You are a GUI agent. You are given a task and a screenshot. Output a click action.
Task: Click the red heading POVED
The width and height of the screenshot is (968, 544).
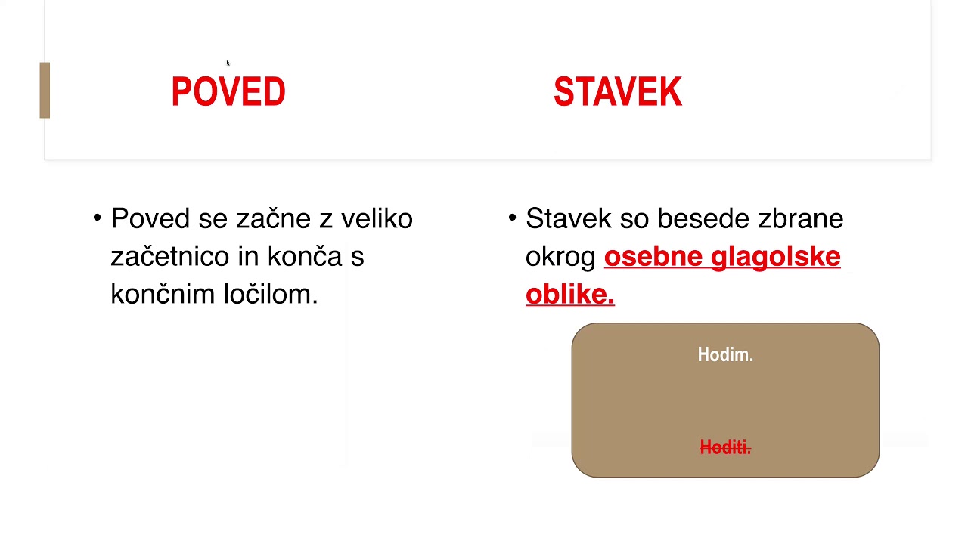pos(228,92)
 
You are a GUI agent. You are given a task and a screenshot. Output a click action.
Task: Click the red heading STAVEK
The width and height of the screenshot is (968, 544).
pos(617,92)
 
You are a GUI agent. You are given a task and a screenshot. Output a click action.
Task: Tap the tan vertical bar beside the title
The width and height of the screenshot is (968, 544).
pos(45,90)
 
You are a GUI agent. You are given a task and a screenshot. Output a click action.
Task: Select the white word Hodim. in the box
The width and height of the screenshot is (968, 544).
pos(725,355)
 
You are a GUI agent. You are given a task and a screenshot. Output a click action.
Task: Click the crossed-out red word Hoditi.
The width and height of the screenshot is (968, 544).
pos(725,448)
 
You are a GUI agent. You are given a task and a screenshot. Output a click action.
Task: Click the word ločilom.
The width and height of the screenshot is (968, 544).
pos(271,295)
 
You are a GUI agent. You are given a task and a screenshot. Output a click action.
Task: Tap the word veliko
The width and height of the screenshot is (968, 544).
pos(377,219)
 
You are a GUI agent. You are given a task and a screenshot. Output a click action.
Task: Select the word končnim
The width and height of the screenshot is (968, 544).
pos(163,295)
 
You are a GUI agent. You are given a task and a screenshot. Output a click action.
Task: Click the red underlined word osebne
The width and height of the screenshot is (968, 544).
pos(653,257)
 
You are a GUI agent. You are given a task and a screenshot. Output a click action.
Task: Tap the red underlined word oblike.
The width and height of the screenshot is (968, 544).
pos(569,295)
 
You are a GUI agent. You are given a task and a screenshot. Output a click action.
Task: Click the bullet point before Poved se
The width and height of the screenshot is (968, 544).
pos(98,218)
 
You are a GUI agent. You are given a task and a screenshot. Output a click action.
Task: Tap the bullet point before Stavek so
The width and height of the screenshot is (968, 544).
pos(512,218)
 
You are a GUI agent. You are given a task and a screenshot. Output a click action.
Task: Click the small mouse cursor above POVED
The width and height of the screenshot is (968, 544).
pos(228,63)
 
